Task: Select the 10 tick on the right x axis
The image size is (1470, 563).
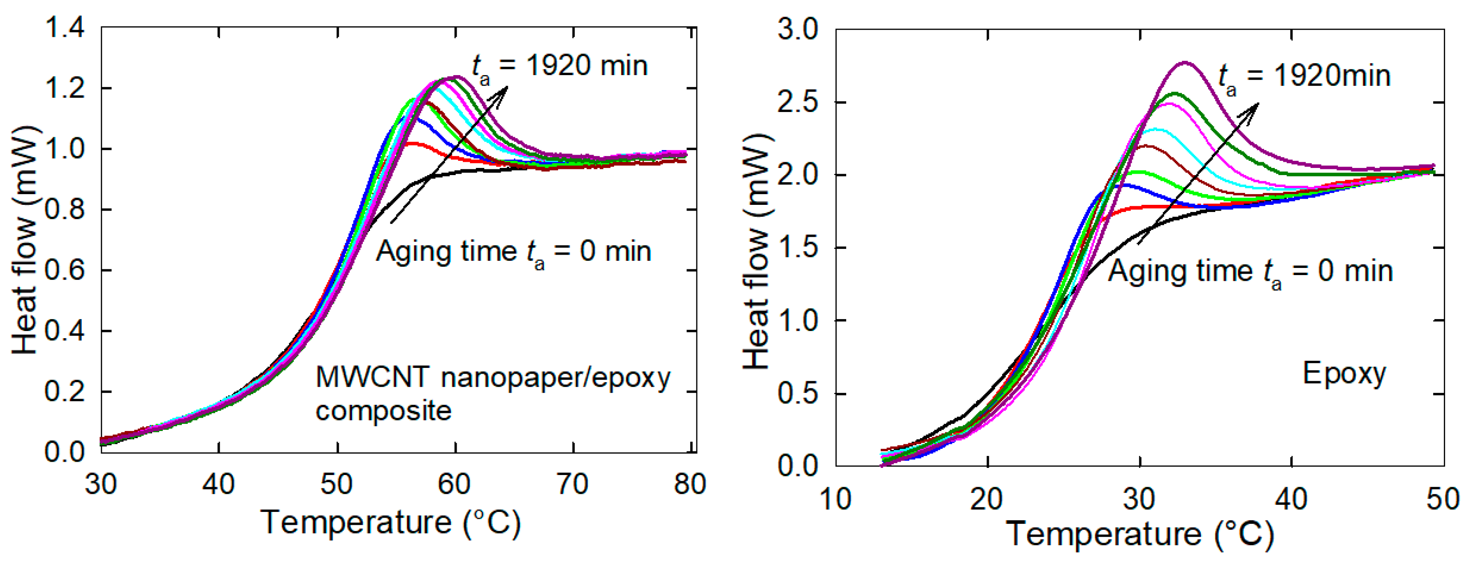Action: coord(835,499)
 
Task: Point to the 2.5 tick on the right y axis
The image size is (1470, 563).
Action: coord(797,102)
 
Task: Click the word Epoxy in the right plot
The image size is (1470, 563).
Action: coord(1344,375)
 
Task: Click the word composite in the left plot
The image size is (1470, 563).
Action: coord(383,411)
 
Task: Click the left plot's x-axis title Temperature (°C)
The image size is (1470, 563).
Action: coord(391,523)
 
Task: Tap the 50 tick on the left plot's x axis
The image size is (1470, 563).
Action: coord(337,484)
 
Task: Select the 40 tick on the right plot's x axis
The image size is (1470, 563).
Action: coord(1291,499)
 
